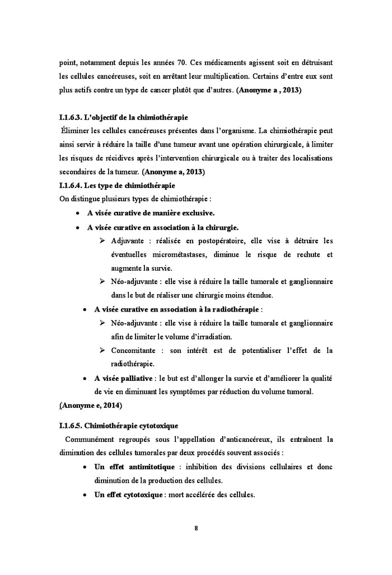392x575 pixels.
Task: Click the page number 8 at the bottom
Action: pyautogui.click(x=196, y=526)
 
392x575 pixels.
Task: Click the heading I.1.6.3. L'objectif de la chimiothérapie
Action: pyautogui.click(x=123, y=118)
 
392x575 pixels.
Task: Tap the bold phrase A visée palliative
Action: pyautogui.click(x=123, y=378)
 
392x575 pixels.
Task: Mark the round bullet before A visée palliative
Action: pyautogui.click(x=84, y=378)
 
